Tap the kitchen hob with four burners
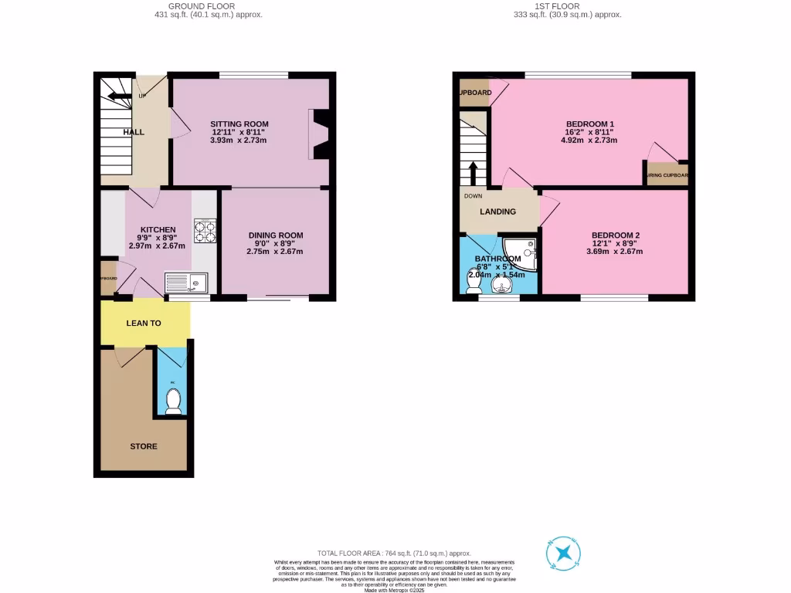pyautogui.click(x=205, y=231)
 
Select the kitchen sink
pyautogui.click(x=183, y=283)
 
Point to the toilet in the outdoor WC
pyautogui.click(x=174, y=400)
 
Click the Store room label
pyautogui.click(x=144, y=446)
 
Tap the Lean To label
pyautogui.click(x=144, y=323)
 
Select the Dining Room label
pyautogui.click(x=275, y=236)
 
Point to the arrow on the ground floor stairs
pyautogui.click(x=118, y=97)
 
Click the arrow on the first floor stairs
pyautogui.click(x=473, y=171)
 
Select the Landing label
pyautogui.click(x=497, y=212)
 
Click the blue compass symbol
pyautogui.click(x=564, y=553)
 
